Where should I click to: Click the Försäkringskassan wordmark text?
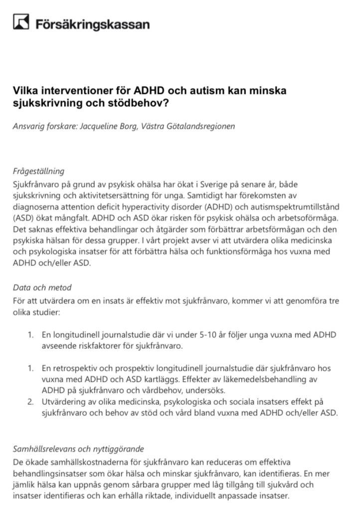coord(92,23)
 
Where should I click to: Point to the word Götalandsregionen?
coord(203,126)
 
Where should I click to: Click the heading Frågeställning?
coord(39,171)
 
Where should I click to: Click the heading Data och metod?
coord(42,287)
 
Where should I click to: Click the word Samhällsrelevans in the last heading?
coord(44,449)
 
